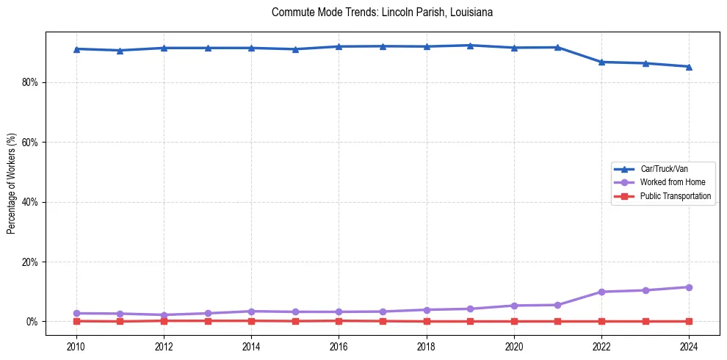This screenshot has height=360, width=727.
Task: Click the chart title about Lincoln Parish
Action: (382, 12)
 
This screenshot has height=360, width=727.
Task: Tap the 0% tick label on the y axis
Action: (32, 322)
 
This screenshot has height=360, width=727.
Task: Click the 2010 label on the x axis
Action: (76, 346)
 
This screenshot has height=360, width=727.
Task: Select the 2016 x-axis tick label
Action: (339, 346)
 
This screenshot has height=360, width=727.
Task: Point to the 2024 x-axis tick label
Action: (689, 346)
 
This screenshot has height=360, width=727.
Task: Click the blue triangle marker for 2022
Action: (601, 62)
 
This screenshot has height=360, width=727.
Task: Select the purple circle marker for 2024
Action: (689, 287)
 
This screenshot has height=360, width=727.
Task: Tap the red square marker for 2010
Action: (76, 321)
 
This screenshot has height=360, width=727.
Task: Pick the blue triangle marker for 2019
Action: (470, 46)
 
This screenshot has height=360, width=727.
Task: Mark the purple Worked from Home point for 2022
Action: (601, 292)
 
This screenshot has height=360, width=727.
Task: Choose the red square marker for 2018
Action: (427, 321)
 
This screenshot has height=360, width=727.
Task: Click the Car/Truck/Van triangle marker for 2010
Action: (76, 48)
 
